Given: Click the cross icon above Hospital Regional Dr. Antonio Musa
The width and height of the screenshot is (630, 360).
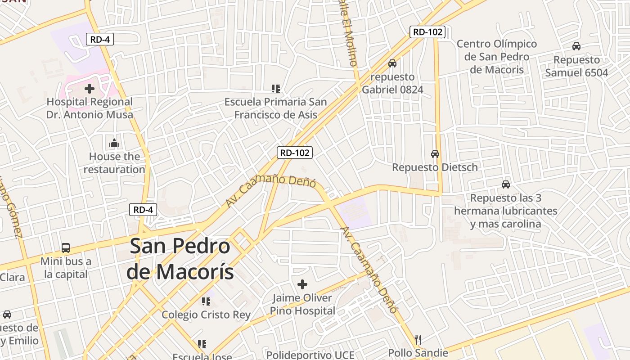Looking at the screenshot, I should pos(90,88).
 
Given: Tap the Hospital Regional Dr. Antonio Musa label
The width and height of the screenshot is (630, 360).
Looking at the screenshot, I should pos(90,108).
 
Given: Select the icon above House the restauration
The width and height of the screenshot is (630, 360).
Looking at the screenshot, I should pos(114,144).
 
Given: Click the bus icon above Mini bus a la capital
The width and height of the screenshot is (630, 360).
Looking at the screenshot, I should pos(66,247).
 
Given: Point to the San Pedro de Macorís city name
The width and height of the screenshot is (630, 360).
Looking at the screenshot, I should pos(180,259).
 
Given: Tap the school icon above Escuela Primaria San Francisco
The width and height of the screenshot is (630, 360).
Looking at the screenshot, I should pos(275,89).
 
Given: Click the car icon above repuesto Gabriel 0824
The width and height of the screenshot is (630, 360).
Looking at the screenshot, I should pos(392,63).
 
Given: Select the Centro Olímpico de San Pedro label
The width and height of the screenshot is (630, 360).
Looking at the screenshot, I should pos(497,57).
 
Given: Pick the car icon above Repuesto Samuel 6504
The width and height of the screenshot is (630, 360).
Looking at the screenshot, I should pos(576,46).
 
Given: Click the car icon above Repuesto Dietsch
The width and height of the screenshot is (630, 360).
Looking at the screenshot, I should pos(435,154).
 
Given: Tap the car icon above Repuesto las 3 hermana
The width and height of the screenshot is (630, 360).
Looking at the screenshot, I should pos(506,184).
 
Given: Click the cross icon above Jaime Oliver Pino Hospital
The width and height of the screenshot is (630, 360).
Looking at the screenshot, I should pos(302,284).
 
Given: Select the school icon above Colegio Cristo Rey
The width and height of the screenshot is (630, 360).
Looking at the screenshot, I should pos(206,301).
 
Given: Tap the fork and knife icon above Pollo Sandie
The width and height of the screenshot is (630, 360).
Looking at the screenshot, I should pos(418,339).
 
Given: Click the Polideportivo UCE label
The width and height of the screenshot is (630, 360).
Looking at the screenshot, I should pos(310,355).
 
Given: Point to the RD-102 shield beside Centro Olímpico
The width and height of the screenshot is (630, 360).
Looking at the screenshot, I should pos(427,32).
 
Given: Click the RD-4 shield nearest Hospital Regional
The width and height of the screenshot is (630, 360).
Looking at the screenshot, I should pos(100,39).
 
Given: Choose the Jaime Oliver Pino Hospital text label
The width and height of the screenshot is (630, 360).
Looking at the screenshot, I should pos(302,304).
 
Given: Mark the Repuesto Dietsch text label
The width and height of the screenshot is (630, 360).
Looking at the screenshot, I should pos(435,167).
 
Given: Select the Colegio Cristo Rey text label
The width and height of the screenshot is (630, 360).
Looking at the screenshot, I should pos(206,315).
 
